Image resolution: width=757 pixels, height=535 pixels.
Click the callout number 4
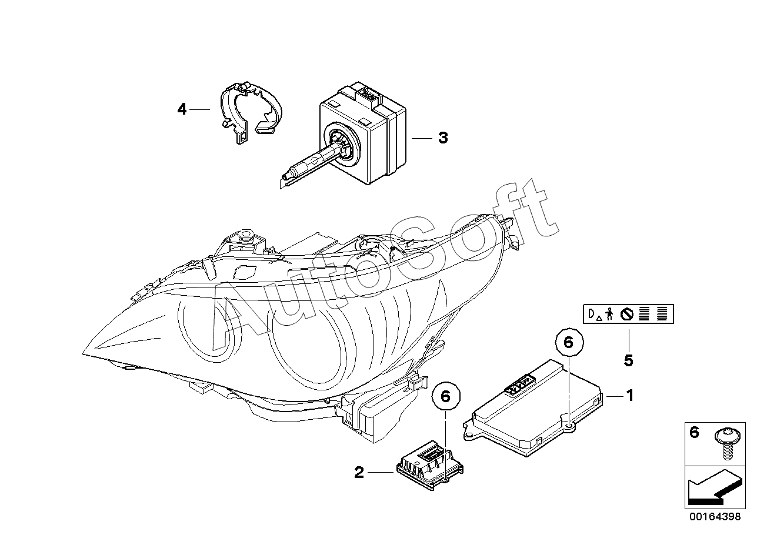click(x=182, y=109)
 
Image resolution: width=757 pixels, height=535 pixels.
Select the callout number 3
click(x=443, y=138)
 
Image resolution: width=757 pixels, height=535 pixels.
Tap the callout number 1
click(x=629, y=396)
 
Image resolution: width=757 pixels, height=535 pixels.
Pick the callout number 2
click(x=359, y=473)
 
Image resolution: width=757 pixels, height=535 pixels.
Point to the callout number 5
click(x=628, y=361)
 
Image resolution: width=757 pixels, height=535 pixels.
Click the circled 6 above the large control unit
click(x=569, y=343)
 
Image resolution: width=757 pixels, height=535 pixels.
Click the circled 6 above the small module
click(x=446, y=396)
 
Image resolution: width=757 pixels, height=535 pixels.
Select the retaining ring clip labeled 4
click(x=251, y=112)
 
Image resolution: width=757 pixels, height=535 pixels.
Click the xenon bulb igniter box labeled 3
click(x=362, y=133)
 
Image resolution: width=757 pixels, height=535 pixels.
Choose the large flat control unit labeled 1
click(x=533, y=408)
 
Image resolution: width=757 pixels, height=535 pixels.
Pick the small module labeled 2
click(x=429, y=466)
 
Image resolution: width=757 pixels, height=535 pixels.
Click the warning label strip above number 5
click(x=628, y=314)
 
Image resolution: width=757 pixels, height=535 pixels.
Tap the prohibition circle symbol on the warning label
click(x=626, y=315)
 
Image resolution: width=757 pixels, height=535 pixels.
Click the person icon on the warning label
click(x=609, y=314)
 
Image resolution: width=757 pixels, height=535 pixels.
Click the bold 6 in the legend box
click(x=694, y=433)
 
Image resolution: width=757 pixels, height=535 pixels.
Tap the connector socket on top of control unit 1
click(x=518, y=385)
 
